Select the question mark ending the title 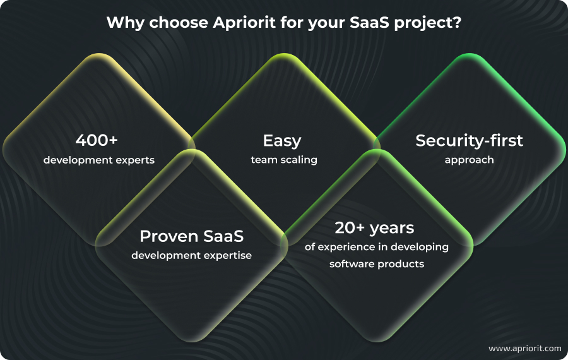(x=457, y=22)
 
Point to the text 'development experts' (x=98, y=160)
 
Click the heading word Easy (x=282, y=140)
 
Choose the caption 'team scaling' (x=284, y=160)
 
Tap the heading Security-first (x=469, y=140)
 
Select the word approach (x=469, y=160)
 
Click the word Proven (x=169, y=236)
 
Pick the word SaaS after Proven (x=221, y=236)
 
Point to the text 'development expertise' (x=191, y=256)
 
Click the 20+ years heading (x=375, y=227)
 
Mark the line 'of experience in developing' (x=376, y=247)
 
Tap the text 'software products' (x=376, y=263)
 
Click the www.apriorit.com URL (x=524, y=348)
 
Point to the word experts (x=136, y=160)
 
